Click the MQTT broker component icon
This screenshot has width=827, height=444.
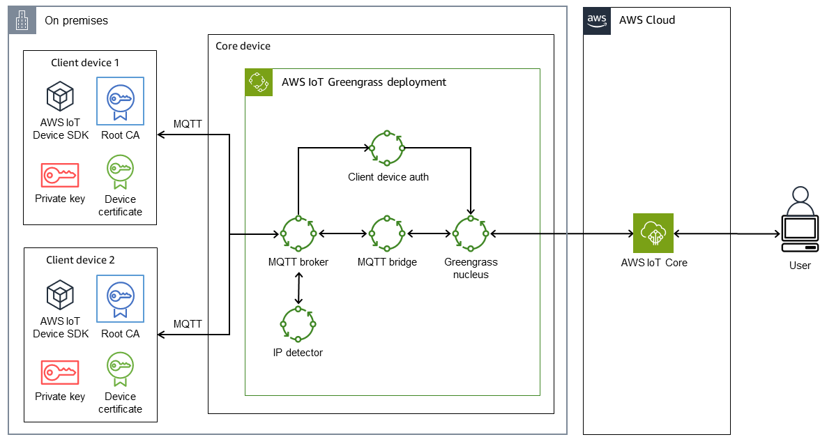tap(298, 234)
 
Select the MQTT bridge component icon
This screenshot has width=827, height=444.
tap(387, 234)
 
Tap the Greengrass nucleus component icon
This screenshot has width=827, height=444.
tap(471, 234)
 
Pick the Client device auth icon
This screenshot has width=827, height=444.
tap(387, 148)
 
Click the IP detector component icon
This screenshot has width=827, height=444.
tap(298, 323)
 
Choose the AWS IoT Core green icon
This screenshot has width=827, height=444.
tap(653, 233)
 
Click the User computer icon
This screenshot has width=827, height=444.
tap(799, 222)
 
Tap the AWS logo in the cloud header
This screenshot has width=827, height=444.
tap(596, 20)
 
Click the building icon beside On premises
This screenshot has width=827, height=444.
tap(22, 20)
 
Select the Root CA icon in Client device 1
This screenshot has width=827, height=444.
tap(121, 100)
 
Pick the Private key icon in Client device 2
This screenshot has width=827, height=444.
tap(60, 372)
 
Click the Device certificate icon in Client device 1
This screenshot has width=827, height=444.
tap(120, 171)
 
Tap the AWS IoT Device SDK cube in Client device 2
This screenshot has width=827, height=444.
tap(60, 296)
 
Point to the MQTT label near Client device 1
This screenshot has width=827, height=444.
tap(188, 124)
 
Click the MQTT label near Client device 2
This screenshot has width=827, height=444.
tap(188, 324)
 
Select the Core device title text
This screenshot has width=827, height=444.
tap(243, 46)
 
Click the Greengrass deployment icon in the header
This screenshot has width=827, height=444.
tap(259, 82)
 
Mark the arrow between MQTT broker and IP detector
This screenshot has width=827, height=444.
tap(298, 288)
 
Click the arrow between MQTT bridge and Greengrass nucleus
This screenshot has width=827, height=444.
tap(429, 234)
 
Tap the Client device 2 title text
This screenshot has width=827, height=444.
tap(80, 260)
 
